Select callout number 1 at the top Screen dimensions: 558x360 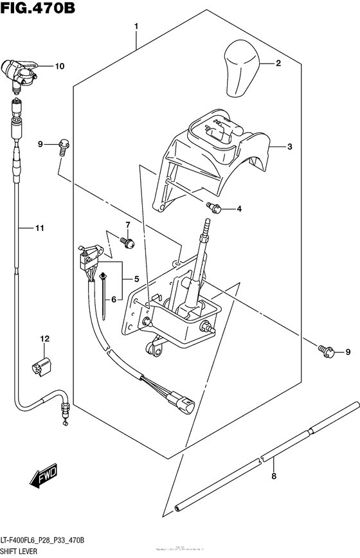point(136,26)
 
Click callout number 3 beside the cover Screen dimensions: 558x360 point(289,147)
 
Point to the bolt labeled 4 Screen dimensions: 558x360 point(214,207)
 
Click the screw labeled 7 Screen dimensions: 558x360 point(129,242)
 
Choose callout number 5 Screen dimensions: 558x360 point(136,279)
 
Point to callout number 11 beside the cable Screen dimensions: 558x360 point(39,228)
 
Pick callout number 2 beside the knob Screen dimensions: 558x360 point(278,63)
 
